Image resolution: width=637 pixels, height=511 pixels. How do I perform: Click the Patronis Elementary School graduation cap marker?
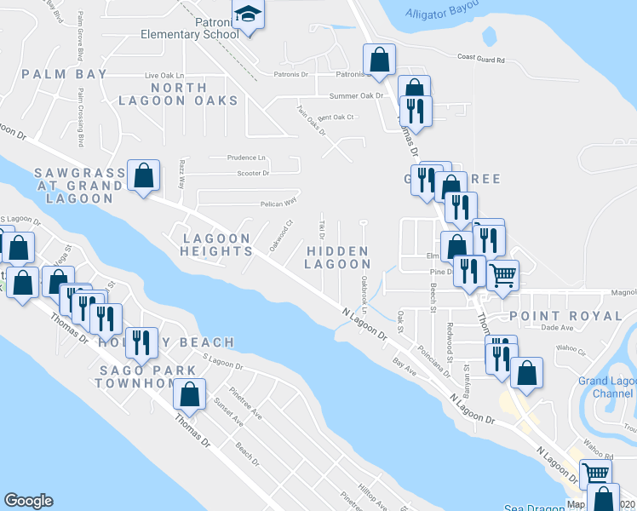248,15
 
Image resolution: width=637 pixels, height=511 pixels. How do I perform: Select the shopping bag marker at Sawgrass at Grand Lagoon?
144,176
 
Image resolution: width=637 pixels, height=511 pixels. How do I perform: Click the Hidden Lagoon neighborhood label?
337,258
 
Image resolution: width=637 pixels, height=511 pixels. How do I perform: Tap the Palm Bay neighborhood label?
65,74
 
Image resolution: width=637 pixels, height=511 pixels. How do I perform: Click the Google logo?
28,501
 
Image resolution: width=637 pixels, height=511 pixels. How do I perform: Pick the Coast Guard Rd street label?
481,60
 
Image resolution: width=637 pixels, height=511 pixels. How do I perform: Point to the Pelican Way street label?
278,204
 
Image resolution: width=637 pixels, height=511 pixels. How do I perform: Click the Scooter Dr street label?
253,173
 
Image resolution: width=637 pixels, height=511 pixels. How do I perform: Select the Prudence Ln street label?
246,158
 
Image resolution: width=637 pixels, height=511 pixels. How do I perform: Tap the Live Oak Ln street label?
164,75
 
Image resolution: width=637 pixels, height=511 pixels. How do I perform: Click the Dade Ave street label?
557,327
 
